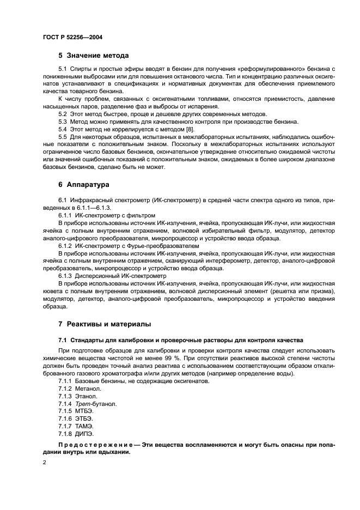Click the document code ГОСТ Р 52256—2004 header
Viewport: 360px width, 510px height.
click(72, 37)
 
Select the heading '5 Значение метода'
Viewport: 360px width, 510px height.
click(94, 56)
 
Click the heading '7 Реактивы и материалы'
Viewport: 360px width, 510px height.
click(105, 324)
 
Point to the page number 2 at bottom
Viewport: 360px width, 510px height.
click(44, 463)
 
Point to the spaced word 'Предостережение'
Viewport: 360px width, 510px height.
click(91, 445)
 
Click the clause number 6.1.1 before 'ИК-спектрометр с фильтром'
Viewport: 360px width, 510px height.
click(65, 215)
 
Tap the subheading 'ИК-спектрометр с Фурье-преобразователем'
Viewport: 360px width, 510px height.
click(134, 246)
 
